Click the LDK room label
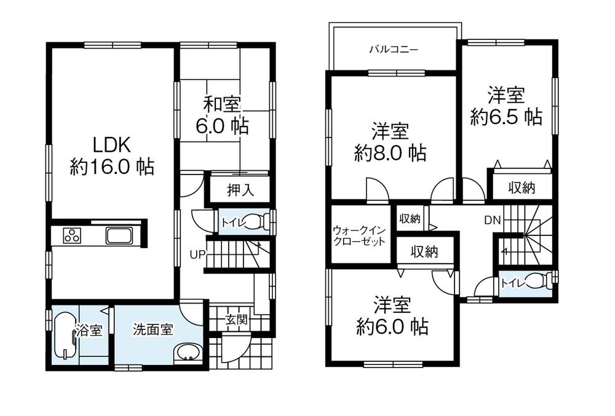coord(112,155)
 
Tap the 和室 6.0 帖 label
coord(222,115)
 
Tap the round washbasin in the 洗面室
coord(186,354)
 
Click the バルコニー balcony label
coord(394,49)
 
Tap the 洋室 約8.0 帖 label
coord(391,142)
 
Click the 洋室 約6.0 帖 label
coord(392,316)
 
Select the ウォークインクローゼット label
coord(359,236)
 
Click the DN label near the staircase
coord(492,220)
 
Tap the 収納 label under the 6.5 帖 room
coord(521,188)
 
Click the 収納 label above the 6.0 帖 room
coord(424,251)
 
